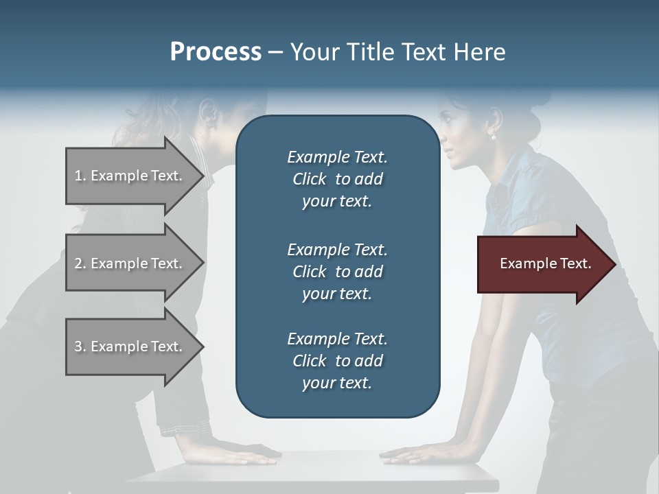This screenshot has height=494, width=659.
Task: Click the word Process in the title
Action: (216, 52)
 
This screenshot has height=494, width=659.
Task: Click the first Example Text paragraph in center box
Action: (337, 179)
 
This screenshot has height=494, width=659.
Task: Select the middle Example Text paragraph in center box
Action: (337, 271)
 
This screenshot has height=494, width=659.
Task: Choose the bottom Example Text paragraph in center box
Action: (337, 361)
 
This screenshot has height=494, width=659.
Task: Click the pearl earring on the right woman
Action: (492, 137)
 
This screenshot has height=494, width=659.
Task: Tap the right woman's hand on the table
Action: (412, 454)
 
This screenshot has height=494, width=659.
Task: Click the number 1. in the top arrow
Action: (80, 176)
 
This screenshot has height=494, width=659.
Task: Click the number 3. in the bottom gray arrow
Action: (80, 346)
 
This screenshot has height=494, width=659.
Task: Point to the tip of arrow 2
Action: (203, 263)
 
